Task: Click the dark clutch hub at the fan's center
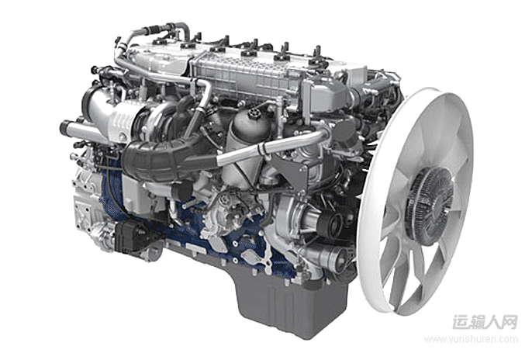pos(430,205)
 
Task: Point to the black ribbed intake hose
pos(163,157)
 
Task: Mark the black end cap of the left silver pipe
pos(64,127)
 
